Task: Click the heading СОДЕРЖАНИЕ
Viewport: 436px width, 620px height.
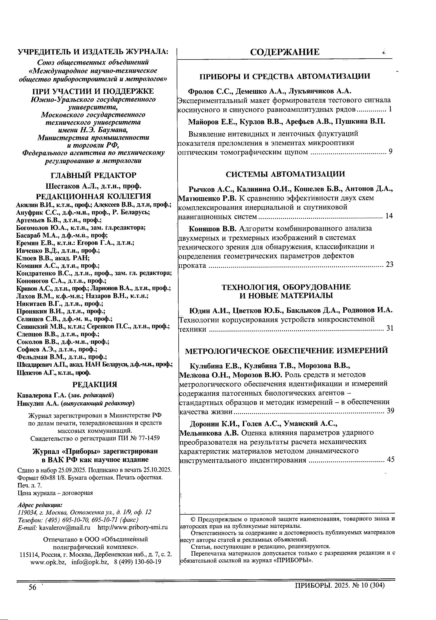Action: click(284, 52)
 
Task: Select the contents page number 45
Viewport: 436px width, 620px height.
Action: click(391, 459)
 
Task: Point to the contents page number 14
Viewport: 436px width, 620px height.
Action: click(389, 216)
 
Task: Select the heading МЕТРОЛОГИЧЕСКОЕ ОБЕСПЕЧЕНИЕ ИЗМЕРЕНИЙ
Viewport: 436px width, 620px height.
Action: click(286, 351)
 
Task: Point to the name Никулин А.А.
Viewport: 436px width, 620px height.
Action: click(38, 403)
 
